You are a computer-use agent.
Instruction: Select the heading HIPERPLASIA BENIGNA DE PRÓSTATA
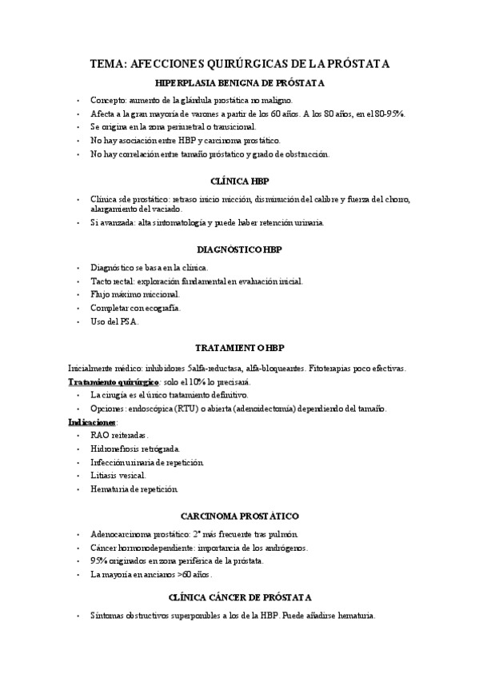[x=239, y=83]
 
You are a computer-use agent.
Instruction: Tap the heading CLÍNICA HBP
[x=239, y=181]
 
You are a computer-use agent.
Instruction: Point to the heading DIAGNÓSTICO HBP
[x=239, y=249]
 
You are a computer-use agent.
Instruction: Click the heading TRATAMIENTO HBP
[x=239, y=349]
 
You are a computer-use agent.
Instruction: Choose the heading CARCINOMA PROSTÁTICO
[x=239, y=516]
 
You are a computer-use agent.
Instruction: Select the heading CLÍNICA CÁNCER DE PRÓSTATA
[x=239, y=598]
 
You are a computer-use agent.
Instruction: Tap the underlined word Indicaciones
[x=93, y=421]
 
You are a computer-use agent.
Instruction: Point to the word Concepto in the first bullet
[x=114, y=101]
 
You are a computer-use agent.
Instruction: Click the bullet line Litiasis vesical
[x=118, y=475]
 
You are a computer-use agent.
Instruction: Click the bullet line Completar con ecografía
[x=136, y=308]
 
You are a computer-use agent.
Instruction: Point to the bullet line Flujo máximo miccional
[x=134, y=294]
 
